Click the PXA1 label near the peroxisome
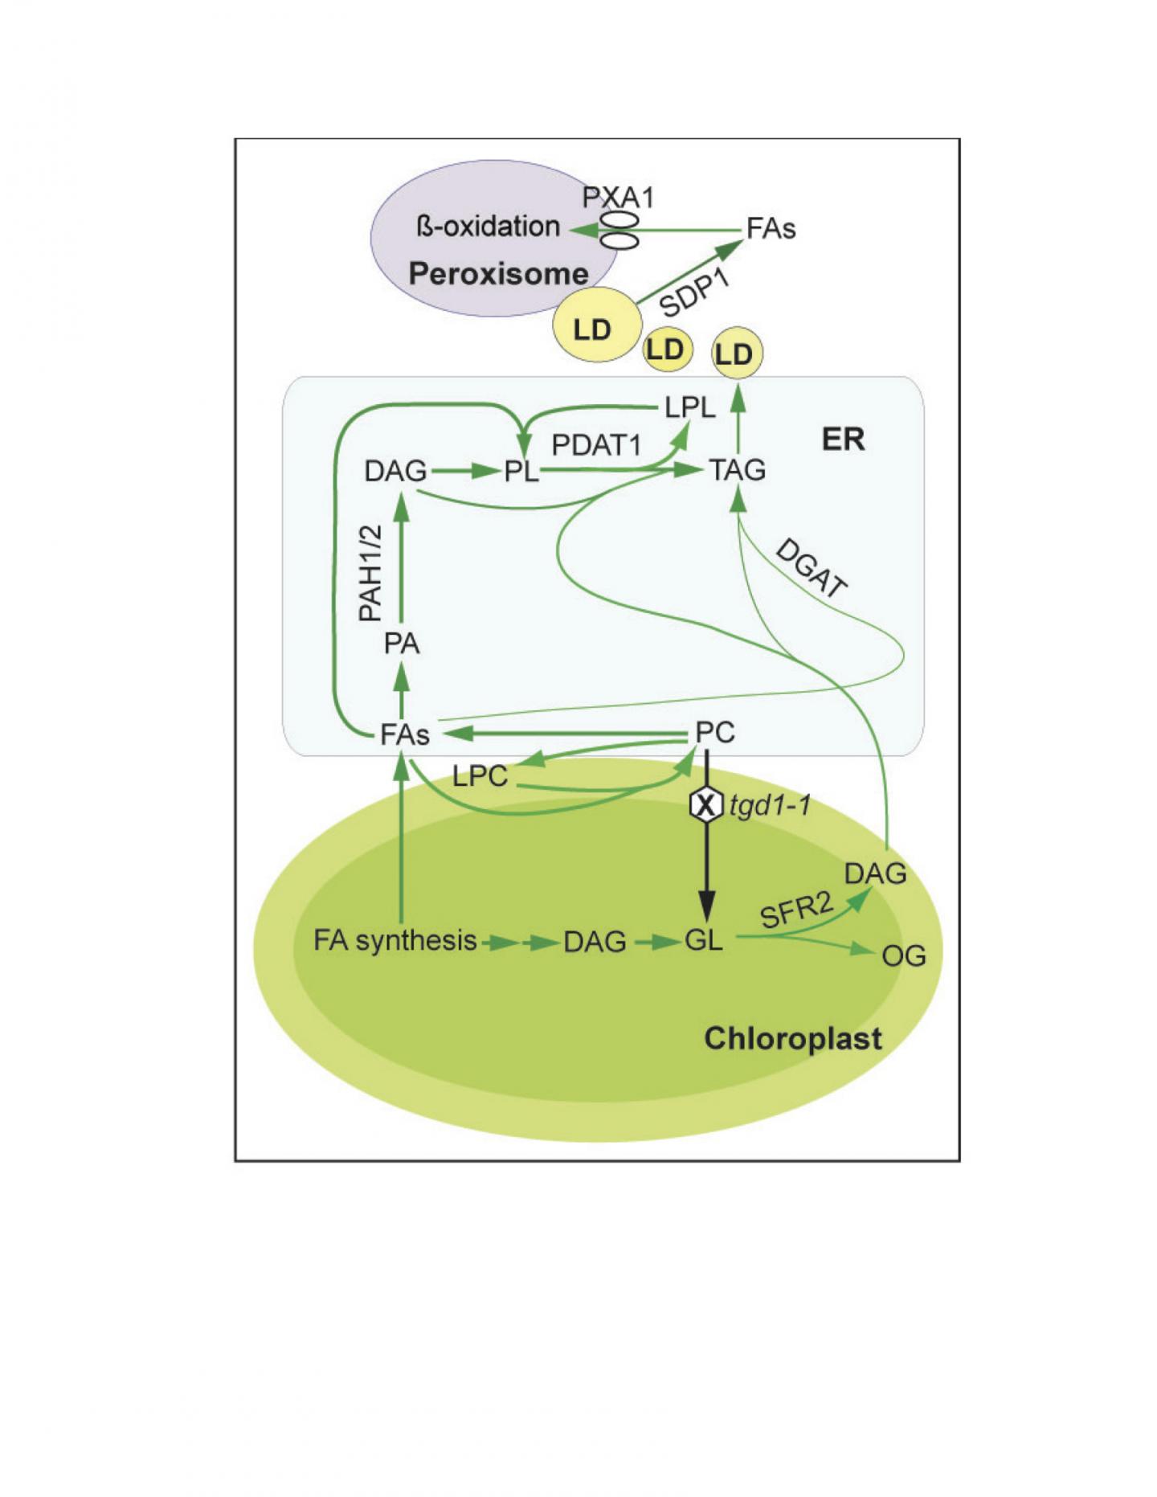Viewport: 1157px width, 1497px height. (x=618, y=197)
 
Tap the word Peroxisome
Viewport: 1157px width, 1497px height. (x=498, y=274)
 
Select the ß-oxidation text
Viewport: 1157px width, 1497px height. (x=489, y=227)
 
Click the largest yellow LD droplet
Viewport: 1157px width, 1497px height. (x=595, y=326)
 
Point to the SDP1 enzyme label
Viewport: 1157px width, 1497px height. (x=693, y=293)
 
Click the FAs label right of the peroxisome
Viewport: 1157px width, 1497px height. (x=771, y=229)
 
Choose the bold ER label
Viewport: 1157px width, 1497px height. (x=843, y=440)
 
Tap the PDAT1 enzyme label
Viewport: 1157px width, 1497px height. (x=596, y=444)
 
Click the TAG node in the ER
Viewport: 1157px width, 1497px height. (x=738, y=470)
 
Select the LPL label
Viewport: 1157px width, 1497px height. (x=690, y=407)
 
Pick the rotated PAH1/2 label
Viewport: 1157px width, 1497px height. (x=370, y=572)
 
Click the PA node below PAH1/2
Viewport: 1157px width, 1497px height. (x=402, y=644)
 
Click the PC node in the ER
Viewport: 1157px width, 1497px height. (x=714, y=732)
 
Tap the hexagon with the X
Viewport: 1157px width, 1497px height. (x=705, y=804)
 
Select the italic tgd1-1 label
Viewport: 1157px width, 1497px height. (x=770, y=805)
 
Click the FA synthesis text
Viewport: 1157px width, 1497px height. (x=395, y=940)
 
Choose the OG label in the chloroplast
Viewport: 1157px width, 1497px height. (x=904, y=956)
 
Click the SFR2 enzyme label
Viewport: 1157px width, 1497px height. (x=796, y=911)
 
